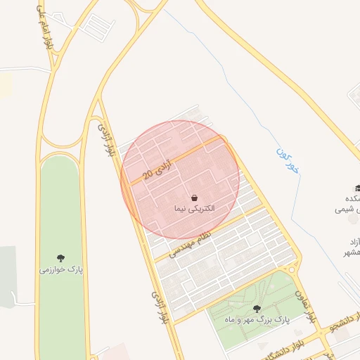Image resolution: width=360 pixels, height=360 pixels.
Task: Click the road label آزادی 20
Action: [157, 170]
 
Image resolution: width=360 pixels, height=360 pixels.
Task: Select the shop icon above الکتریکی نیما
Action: [194, 198]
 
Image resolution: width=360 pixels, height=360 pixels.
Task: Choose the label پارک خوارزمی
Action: [62, 269]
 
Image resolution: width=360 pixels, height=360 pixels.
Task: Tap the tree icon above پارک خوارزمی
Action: [62, 258]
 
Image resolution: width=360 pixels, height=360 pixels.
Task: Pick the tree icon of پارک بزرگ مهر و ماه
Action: [256, 308]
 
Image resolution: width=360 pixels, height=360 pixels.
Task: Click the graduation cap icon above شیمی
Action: [357, 188]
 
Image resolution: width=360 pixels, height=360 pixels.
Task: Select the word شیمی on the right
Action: [349, 210]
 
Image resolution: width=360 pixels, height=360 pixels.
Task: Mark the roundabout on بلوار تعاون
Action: [292, 269]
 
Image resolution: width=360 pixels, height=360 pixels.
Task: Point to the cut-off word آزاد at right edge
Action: [352, 241]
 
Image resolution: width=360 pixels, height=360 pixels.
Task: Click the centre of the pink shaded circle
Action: [180, 179]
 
